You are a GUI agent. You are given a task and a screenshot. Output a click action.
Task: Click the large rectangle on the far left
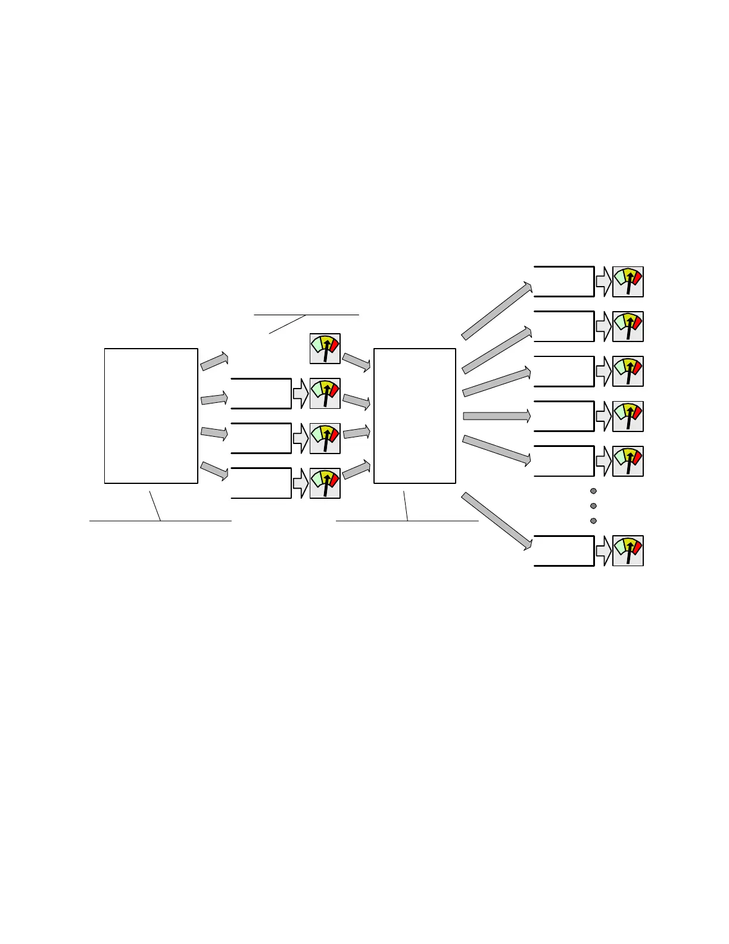point(151,415)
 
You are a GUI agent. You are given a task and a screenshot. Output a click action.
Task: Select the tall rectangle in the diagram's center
point(415,415)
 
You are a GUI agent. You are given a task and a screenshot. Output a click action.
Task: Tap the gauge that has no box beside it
point(325,349)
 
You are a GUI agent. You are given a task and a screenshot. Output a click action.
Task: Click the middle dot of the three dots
point(593,506)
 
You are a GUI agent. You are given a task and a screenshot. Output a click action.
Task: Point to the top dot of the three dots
point(593,491)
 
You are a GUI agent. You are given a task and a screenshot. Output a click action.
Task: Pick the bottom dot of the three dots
point(593,521)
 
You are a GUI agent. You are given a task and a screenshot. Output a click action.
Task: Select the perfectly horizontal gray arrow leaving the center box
point(496,416)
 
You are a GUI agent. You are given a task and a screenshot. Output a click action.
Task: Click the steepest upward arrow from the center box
point(496,311)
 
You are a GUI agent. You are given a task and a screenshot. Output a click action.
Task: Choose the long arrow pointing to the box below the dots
point(496,520)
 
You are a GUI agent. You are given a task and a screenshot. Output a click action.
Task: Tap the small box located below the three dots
point(563,551)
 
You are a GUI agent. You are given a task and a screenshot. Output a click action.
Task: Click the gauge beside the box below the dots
point(628,551)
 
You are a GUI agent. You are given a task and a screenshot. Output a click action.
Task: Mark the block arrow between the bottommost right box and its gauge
point(603,551)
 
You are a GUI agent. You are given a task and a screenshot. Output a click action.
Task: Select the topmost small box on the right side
point(563,281)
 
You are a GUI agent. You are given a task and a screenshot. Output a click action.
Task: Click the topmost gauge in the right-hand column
point(628,281)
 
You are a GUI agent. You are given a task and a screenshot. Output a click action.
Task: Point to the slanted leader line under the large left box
point(155,506)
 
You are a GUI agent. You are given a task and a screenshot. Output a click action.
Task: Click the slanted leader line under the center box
point(406,506)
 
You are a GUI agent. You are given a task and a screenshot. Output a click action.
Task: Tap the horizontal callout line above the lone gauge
point(306,314)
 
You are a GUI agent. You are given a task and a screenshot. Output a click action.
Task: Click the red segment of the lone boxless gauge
point(334,345)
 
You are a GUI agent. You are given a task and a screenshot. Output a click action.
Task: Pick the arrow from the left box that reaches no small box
point(214,361)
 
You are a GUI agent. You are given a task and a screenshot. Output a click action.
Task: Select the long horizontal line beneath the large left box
point(160,521)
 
